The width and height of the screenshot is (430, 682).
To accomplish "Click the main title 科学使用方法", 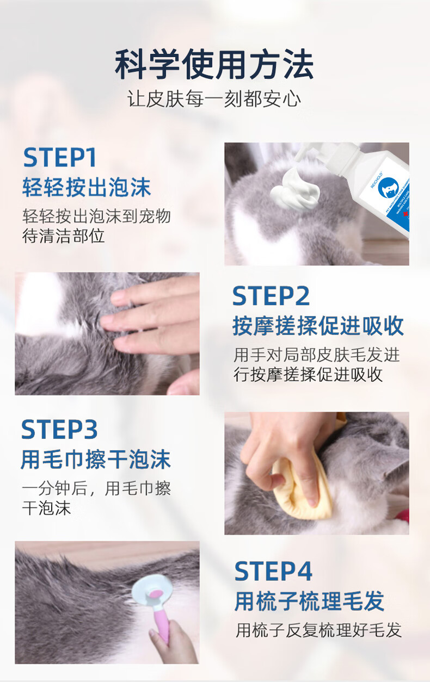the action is tap(214, 65).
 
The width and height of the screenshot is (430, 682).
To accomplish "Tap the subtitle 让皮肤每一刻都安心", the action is tap(214, 99).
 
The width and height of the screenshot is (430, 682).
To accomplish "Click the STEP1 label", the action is tap(60, 157).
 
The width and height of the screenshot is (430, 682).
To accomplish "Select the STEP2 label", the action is tap(271, 296).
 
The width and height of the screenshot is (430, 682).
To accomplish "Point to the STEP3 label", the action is tap(59, 429).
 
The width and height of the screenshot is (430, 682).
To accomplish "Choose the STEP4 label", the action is tap(273, 571).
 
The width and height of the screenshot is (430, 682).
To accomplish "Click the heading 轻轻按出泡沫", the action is tap(87, 187).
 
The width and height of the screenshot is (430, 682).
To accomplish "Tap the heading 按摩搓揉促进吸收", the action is tap(318, 326).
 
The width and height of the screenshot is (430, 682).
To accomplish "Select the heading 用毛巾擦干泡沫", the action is tap(96, 459).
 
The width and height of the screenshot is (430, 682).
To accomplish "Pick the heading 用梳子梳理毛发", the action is tap(309, 601).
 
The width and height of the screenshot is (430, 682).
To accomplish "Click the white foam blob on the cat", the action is tap(294, 189).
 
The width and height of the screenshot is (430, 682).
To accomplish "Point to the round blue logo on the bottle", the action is tap(388, 188).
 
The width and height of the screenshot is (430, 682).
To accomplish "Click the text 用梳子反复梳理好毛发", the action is tap(319, 630).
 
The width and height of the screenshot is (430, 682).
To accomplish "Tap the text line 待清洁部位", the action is tap(63, 236).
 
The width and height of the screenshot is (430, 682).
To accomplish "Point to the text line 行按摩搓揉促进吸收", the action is tap(308, 374).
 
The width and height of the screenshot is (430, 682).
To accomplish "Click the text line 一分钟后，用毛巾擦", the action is tap(96, 489).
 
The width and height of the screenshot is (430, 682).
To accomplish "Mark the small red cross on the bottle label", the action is tap(406, 214).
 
